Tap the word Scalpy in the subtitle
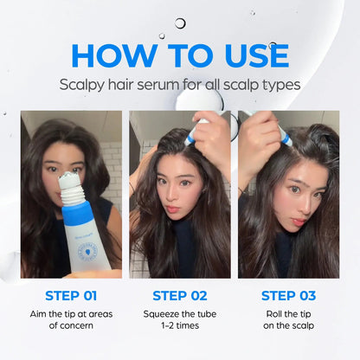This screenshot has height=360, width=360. [x=84, y=85]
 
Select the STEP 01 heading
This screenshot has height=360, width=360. [x=71, y=295]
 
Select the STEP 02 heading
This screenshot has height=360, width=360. [x=180, y=295]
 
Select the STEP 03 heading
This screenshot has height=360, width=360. [x=288, y=295]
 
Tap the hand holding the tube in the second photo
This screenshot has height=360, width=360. [x=213, y=138]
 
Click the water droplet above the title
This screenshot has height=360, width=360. [x=180, y=23]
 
